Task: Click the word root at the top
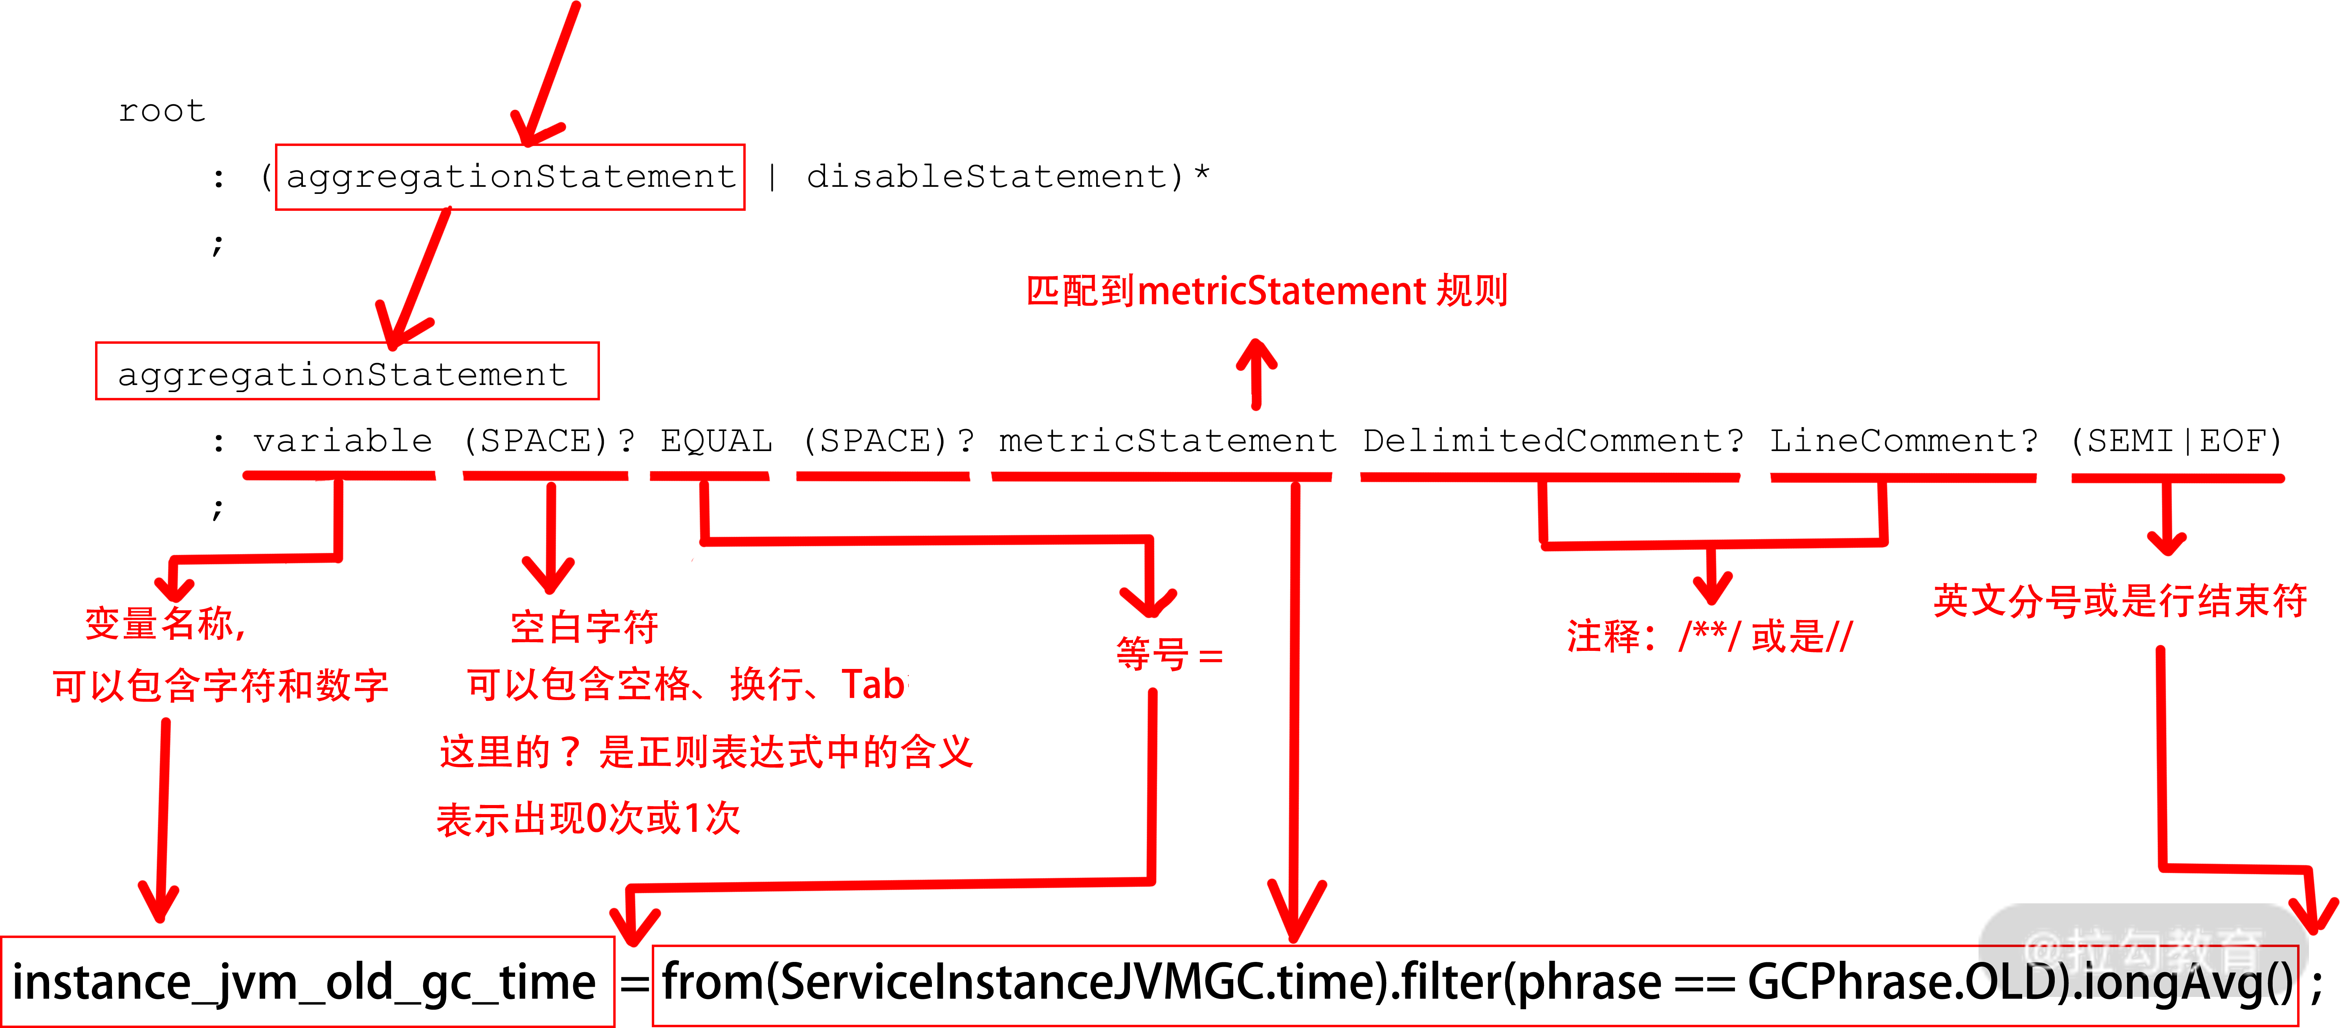coord(162,111)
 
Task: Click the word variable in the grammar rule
coord(343,441)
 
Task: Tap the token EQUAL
coord(716,441)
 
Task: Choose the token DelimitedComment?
coord(1552,441)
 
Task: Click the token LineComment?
coord(1903,441)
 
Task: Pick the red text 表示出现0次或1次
coord(589,818)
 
